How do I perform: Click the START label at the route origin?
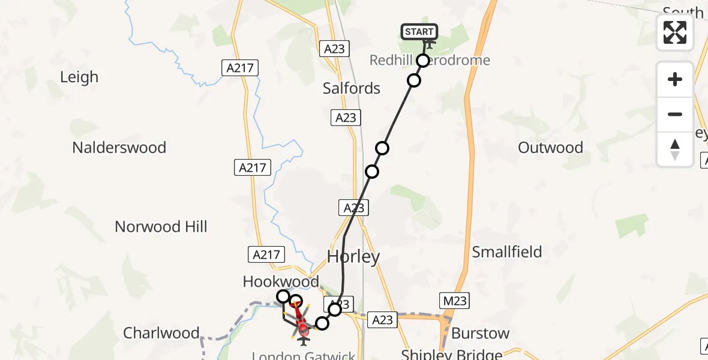[419, 32]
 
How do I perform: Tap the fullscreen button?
[675, 32]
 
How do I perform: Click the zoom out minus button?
[675, 114]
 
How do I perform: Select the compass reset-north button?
[675, 149]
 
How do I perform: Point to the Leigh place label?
[79, 77]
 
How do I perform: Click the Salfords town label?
[352, 89]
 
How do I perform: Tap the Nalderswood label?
[119, 148]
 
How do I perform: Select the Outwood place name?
[550, 148]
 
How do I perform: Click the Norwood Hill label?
[161, 227]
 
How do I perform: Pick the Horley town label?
[353, 257]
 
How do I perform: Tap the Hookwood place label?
[281, 281]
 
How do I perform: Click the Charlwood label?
[161, 333]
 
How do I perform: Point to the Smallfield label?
[507, 252]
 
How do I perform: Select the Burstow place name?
[480, 334]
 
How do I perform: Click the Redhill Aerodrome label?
[430, 61]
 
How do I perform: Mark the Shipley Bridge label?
[451, 354]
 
